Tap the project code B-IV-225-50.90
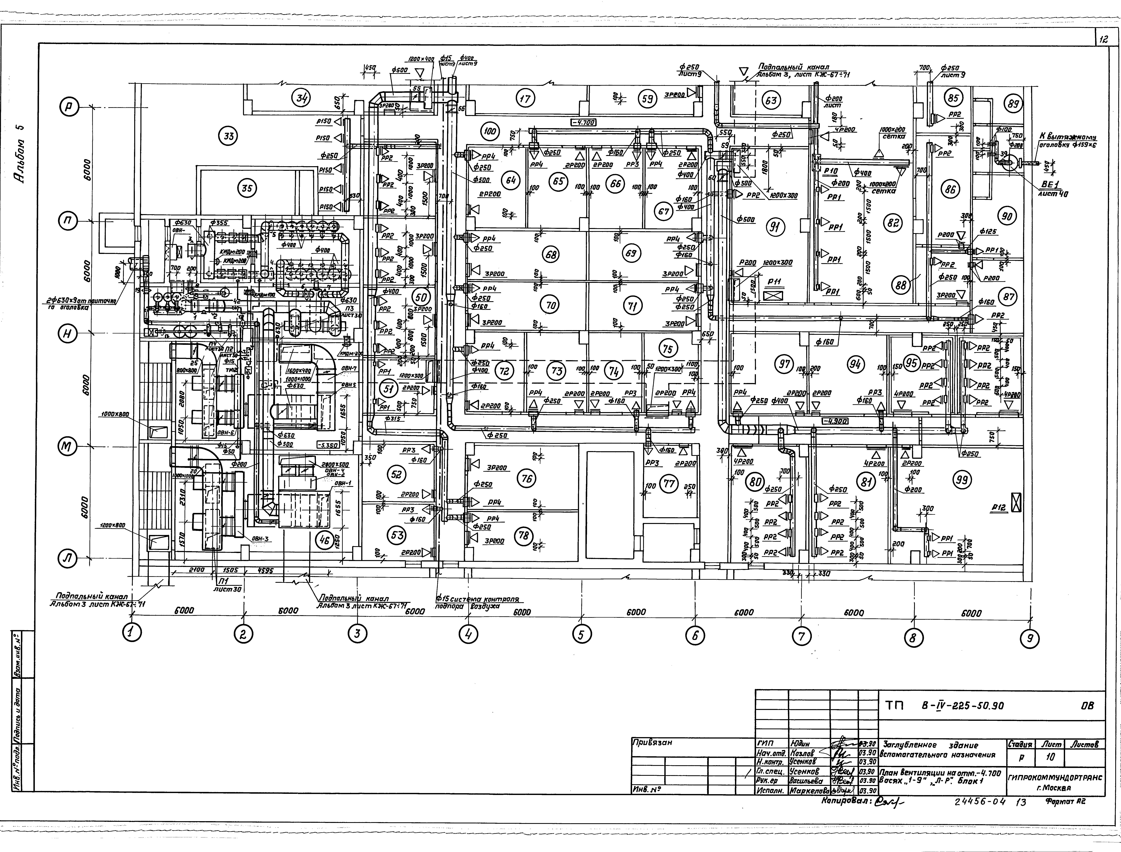(962, 706)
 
